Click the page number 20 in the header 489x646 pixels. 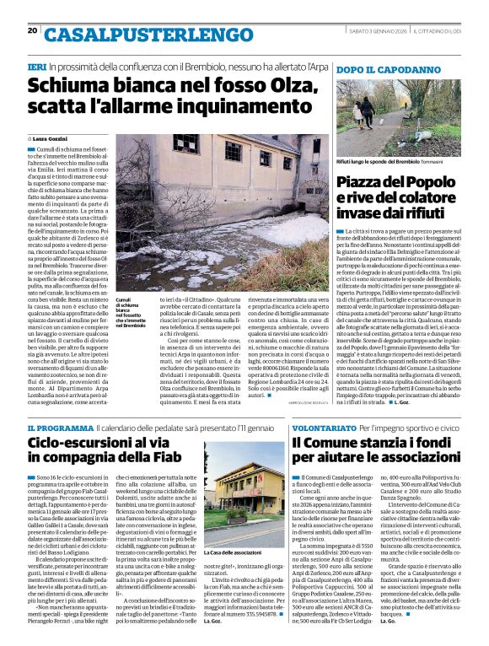click(32, 30)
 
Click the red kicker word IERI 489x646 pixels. click(36, 66)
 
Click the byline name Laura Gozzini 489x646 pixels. click(53, 137)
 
